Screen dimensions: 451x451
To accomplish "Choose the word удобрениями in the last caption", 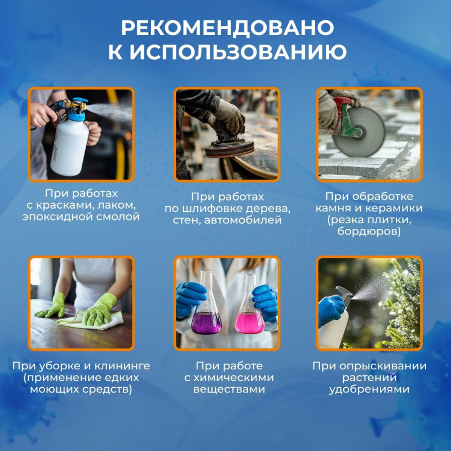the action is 369,390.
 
